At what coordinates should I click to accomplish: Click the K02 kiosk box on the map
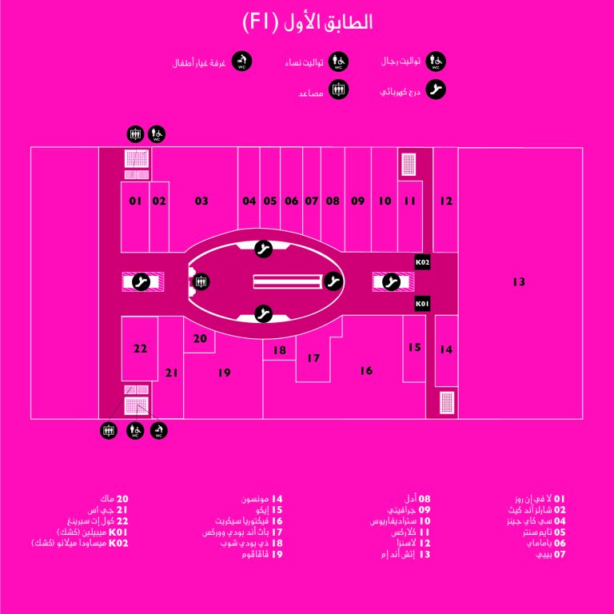422,262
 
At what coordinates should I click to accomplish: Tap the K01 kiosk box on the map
422,304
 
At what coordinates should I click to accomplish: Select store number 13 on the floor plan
519,281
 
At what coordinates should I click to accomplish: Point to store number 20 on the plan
200,338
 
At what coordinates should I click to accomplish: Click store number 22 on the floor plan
140,349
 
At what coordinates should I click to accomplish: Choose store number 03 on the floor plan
201,201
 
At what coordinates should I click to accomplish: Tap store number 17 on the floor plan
313,358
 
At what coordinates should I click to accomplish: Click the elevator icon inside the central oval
201,281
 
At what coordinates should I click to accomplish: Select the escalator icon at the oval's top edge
263,249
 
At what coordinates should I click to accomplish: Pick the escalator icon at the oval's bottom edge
263,313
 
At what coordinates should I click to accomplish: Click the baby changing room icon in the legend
241,62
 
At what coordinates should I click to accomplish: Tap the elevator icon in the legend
338,90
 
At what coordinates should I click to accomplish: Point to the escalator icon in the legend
436,90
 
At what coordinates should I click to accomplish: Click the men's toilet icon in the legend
436,62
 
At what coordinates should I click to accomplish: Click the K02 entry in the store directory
79,543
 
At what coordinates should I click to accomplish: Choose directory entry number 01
540,499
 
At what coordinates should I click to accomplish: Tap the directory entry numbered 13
405,554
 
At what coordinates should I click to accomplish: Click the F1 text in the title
261,22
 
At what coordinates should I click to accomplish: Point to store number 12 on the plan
446,201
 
